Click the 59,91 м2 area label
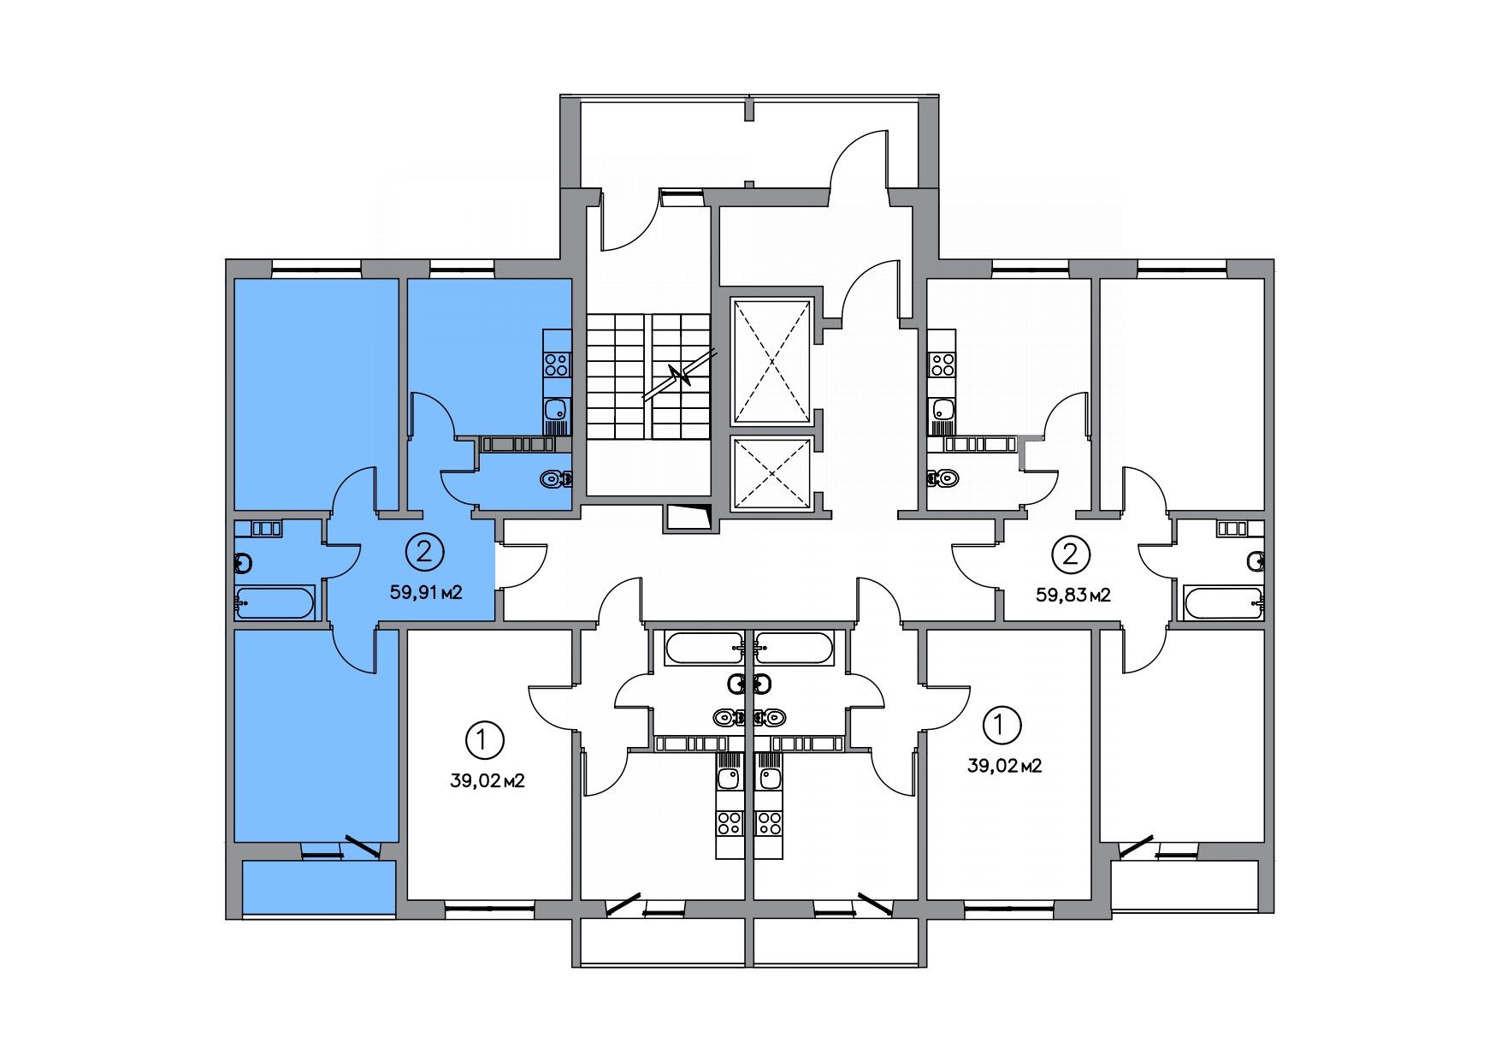tap(426, 591)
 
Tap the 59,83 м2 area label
tap(1073, 595)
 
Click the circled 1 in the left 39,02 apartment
tap(484, 739)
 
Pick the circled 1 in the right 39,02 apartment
tap(1002, 725)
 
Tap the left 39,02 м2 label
tap(487, 780)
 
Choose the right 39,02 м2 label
tap(1004, 766)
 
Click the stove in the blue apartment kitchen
tap(557, 365)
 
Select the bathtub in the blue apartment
tap(275, 603)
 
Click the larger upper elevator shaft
tap(771, 361)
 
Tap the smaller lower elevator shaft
tap(771, 473)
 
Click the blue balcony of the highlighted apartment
tap(318, 887)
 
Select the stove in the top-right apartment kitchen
tap(943, 365)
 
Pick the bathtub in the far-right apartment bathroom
tap(1223, 603)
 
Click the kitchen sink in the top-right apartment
tap(943, 410)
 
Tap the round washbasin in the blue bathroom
tap(243, 563)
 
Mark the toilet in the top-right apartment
tap(943, 477)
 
